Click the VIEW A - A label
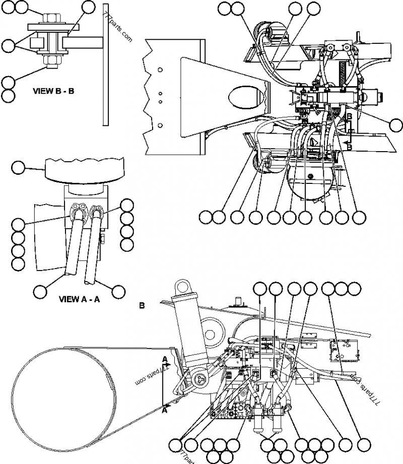80,299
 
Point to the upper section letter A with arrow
165,359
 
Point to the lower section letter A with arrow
165,410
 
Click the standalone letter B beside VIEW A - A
142,305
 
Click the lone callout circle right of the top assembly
396,124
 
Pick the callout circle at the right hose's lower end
118,291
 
